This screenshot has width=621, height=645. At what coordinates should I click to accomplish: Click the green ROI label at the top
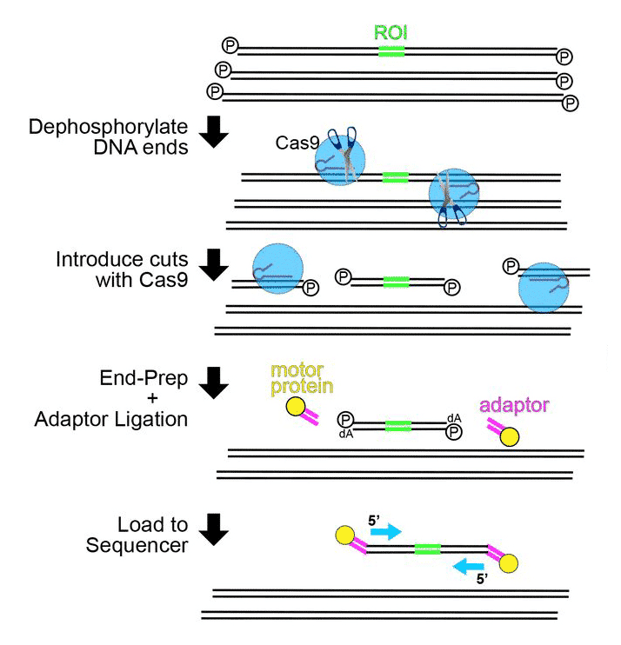[391, 32]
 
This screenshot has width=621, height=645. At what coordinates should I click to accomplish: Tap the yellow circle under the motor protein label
[296, 406]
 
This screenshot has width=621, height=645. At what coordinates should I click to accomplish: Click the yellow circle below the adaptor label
[509, 436]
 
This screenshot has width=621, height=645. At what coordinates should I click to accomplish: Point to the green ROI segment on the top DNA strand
[391, 52]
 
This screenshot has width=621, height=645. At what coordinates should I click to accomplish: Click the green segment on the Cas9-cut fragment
[396, 281]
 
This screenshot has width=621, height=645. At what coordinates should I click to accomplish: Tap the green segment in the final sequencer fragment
[427, 549]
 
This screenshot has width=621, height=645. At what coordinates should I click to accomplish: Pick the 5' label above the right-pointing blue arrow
[373, 519]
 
